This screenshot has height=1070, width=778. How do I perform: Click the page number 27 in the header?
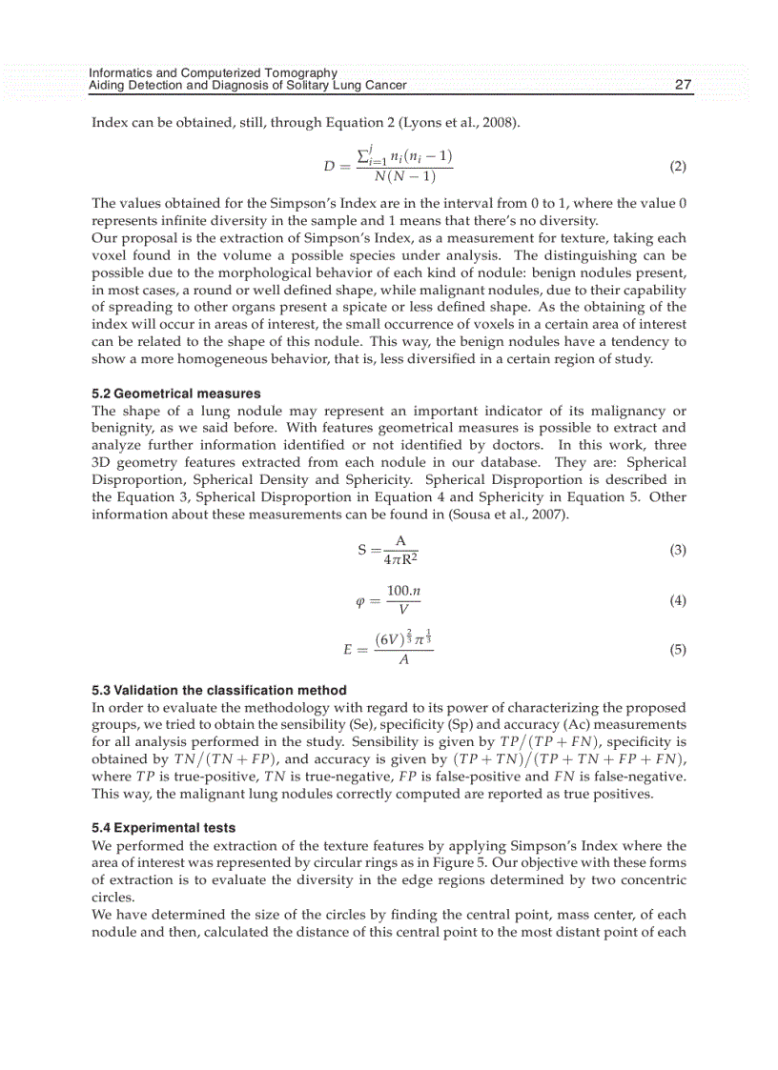coord(683,85)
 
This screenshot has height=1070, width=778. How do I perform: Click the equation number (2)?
coord(677,167)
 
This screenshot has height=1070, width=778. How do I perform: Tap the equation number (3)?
coord(677,550)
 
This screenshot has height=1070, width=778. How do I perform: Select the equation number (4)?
coord(677,600)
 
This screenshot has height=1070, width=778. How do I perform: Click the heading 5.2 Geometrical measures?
coord(175,394)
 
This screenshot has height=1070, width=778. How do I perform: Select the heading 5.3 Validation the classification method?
coord(218,690)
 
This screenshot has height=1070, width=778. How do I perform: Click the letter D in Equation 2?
coord(330,167)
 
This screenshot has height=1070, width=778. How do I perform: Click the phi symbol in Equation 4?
coord(360,601)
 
